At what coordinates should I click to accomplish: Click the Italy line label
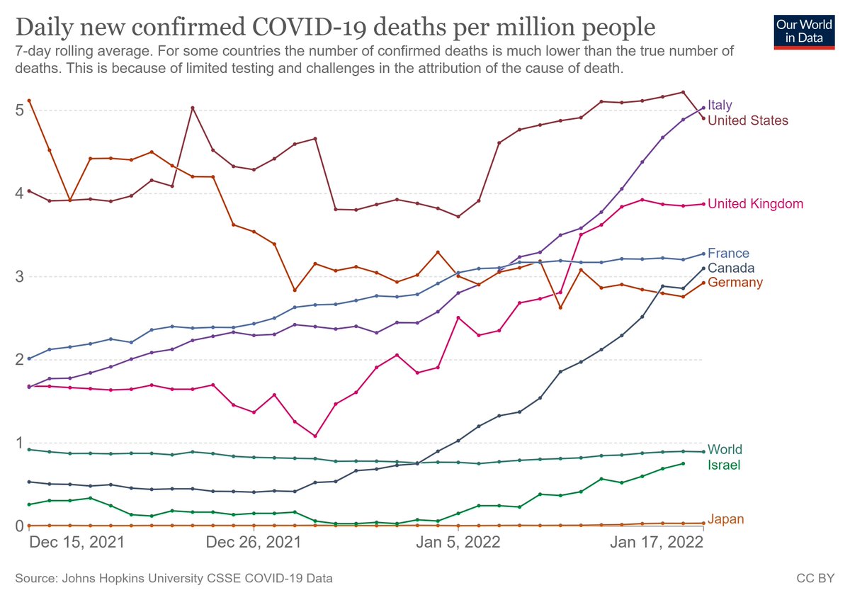pos(720,106)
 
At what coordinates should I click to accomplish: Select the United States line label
pos(747,120)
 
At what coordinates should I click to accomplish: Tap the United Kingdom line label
pos(755,204)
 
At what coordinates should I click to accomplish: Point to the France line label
pos(728,253)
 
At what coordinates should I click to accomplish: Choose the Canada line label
pos(731,268)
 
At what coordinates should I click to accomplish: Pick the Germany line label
pos(735,283)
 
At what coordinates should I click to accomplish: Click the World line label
pos(725,450)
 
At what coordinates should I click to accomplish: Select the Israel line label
pos(723,465)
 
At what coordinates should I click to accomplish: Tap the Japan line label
pos(725,520)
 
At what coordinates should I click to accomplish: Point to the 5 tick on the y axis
pos(20,111)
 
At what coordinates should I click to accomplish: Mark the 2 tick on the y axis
pos(20,360)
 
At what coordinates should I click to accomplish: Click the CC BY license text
pos(815,579)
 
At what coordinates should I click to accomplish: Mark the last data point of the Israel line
pos(683,463)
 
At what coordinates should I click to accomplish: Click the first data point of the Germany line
pos(29,101)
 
